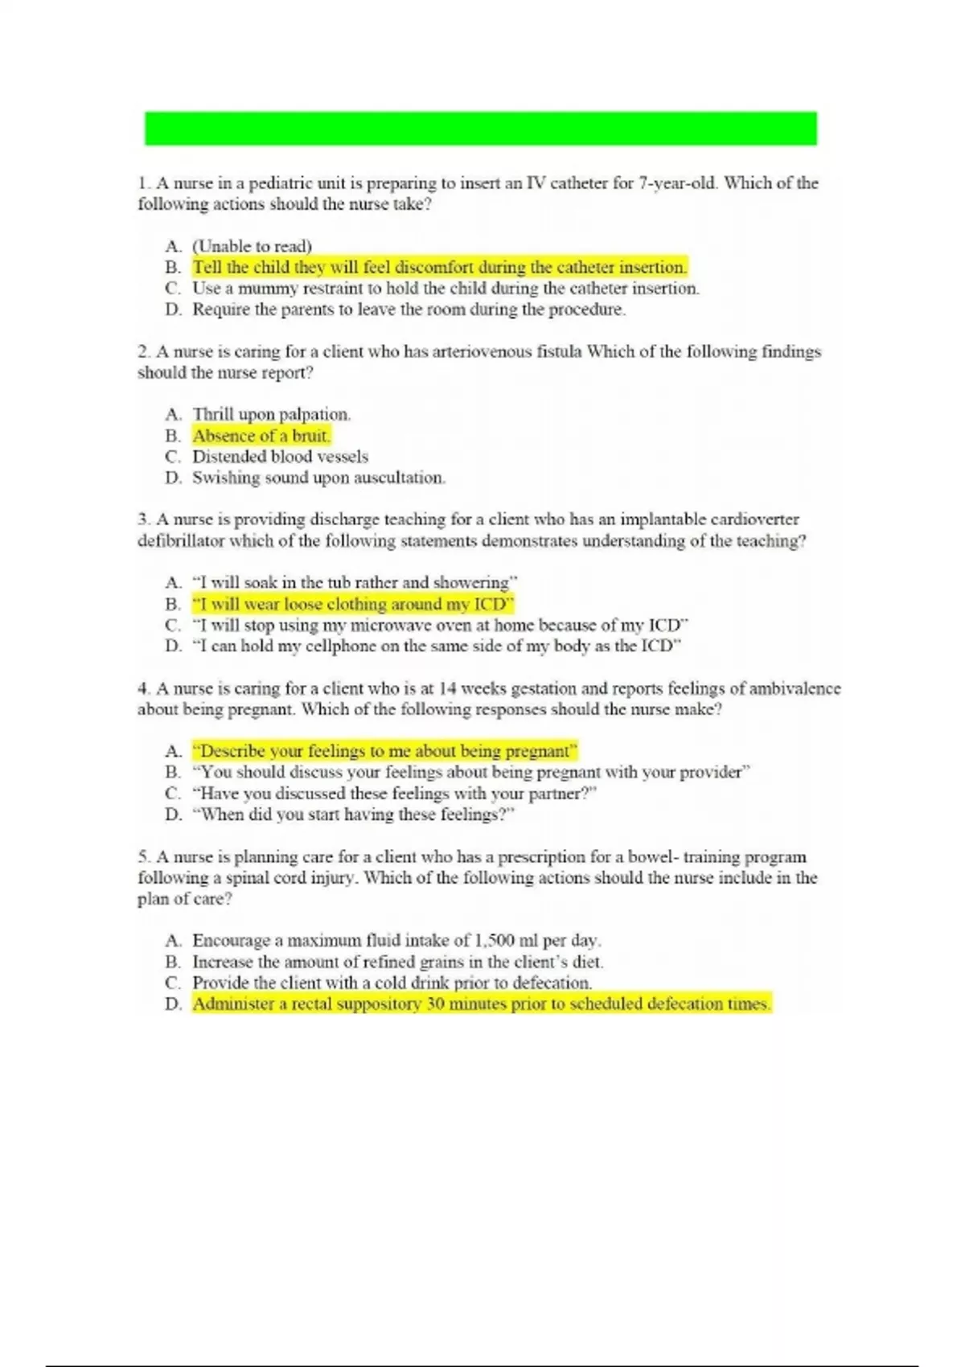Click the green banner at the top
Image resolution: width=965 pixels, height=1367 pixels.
pyautogui.click(x=480, y=129)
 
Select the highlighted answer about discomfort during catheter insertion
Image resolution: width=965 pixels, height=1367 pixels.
pyautogui.click(x=439, y=267)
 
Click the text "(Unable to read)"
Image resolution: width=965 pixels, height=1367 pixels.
pyautogui.click(x=252, y=246)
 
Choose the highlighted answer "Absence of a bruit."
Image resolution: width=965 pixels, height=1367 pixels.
pyautogui.click(x=261, y=436)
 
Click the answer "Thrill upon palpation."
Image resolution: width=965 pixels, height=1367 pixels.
pyautogui.click(x=271, y=414)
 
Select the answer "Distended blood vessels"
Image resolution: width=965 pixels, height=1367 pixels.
pyautogui.click(x=280, y=457)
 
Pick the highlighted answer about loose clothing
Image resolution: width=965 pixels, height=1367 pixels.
pyautogui.click(x=352, y=604)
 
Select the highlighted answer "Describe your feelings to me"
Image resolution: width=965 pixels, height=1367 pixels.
pyautogui.click(x=384, y=751)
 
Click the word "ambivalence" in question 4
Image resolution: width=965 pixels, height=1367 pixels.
pyautogui.click(x=795, y=688)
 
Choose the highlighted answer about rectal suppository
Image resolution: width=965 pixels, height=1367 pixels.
pyautogui.click(x=481, y=1004)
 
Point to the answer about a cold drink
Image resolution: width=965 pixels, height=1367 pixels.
pyautogui.click(x=392, y=983)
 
